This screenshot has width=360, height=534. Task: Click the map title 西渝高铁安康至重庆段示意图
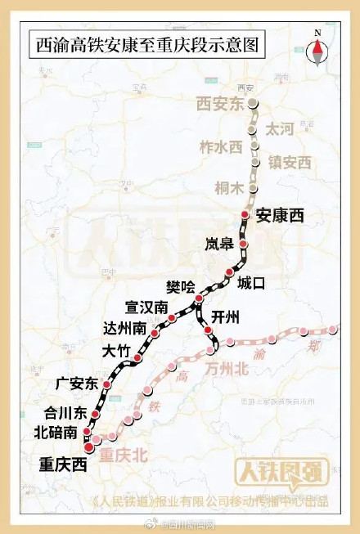coord(146,44)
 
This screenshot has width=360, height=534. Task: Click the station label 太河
coord(280,129)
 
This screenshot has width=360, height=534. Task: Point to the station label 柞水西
coord(221,146)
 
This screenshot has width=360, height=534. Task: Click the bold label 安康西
coord(280,216)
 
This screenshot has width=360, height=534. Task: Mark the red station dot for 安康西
coord(244,216)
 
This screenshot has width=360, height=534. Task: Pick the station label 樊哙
coord(182,286)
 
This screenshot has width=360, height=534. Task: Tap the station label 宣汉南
coord(146,307)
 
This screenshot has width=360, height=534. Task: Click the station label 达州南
coord(126,329)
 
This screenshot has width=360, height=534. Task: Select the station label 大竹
coord(116,352)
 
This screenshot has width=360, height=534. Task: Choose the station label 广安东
coord(76,383)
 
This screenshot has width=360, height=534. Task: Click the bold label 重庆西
coord(62,464)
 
